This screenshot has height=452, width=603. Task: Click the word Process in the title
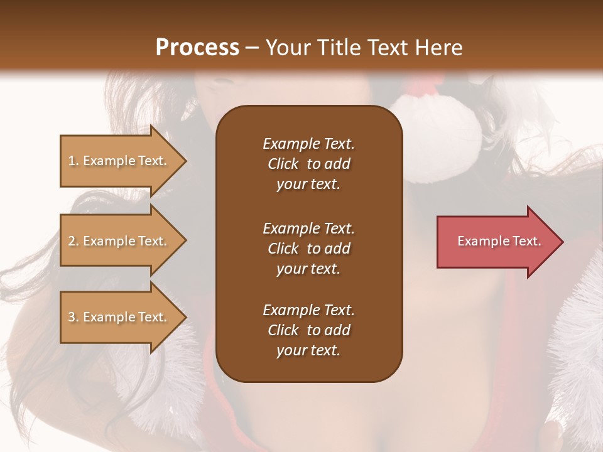[x=197, y=48]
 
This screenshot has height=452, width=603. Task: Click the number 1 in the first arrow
[x=71, y=161]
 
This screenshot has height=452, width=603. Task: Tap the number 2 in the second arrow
[x=71, y=241]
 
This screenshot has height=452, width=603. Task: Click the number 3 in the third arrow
[x=71, y=317]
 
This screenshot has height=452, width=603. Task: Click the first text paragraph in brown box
[x=308, y=164]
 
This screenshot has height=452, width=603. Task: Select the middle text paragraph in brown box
[x=308, y=249]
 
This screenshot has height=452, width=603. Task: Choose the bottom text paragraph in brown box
[x=308, y=330]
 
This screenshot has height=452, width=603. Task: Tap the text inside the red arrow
[x=499, y=242]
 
